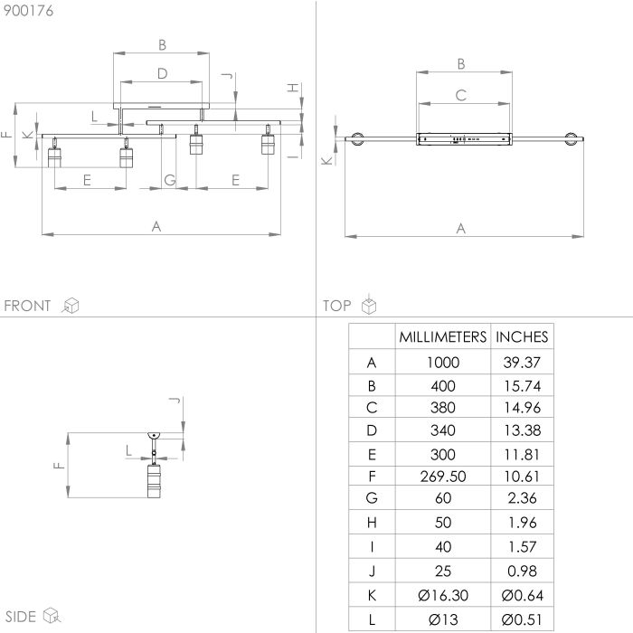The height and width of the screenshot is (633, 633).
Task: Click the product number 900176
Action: [28, 11]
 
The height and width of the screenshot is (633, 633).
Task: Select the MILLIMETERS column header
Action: [443, 336]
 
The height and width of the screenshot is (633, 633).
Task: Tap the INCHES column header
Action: [522, 336]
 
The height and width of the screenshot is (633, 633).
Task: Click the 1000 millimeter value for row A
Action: [443, 362]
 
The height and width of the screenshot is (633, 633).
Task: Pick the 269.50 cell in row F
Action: [443, 477]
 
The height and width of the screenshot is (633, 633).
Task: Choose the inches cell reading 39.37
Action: [522, 362]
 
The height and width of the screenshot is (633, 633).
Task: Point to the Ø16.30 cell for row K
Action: [443, 595]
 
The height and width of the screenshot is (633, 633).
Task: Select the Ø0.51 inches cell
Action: [522, 619]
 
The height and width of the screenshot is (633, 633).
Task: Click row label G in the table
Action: [372, 497]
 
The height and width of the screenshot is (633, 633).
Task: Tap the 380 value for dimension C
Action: [443, 407]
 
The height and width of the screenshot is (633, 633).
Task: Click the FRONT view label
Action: [27, 306]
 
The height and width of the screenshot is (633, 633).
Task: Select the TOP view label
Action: [337, 306]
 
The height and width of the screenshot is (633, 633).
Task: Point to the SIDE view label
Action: [20, 617]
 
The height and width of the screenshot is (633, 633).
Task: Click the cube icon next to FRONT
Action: [71, 306]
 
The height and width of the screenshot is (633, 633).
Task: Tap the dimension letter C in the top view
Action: [461, 95]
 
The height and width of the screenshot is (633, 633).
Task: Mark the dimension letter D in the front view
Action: [162, 73]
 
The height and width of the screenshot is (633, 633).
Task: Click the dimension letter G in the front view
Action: [170, 180]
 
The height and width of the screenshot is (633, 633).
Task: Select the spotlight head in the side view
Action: [154, 480]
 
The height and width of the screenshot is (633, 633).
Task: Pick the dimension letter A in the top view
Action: [461, 229]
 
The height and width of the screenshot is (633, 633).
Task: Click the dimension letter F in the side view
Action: [59, 466]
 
